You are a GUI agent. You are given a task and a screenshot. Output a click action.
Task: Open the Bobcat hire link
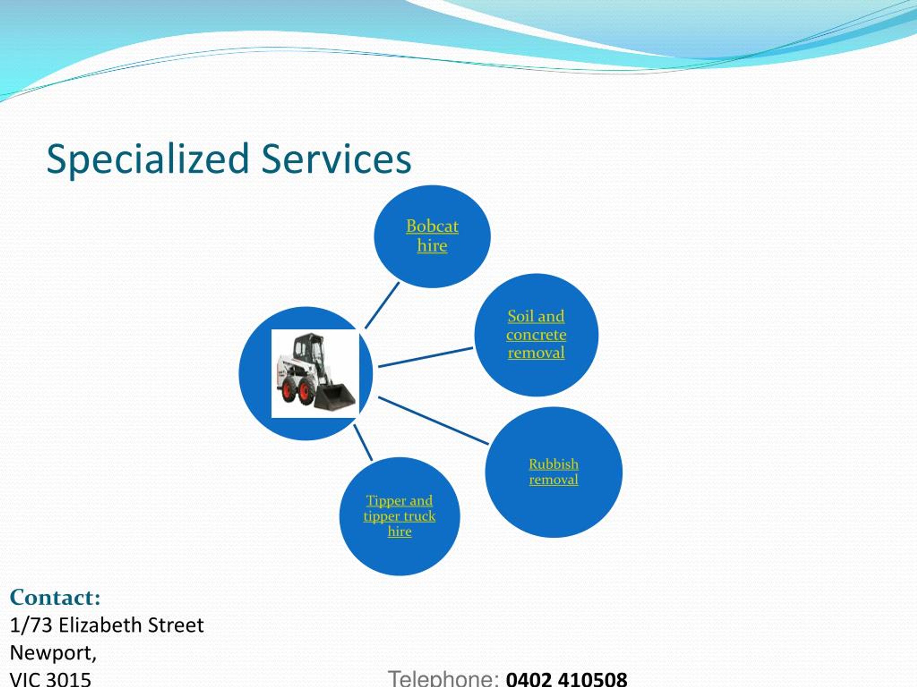(x=432, y=236)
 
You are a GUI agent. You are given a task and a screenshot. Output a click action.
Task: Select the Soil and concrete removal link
(x=536, y=334)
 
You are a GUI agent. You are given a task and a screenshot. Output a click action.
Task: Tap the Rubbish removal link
(x=553, y=472)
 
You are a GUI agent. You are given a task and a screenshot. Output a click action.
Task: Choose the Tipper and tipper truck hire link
(x=399, y=516)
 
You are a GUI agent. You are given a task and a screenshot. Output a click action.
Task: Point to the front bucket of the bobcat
(x=336, y=398)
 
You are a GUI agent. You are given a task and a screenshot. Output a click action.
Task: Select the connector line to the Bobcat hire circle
(x=382, y=306)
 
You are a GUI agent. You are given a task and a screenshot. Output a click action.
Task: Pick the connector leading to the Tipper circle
(x=363, y=443)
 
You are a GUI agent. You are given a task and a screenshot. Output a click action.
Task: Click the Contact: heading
(x=55, y=598)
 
